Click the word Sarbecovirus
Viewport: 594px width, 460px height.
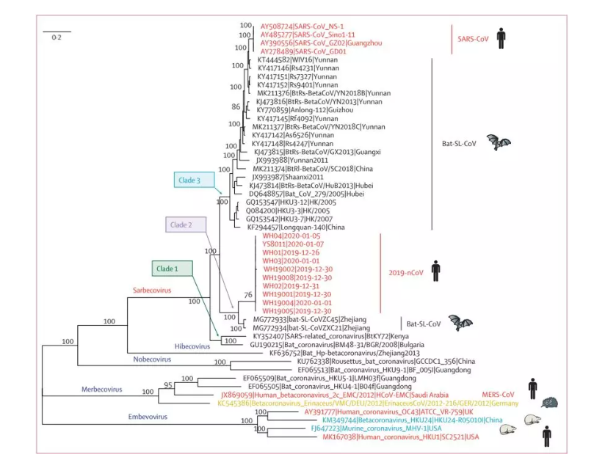pyautogui.click(x=152, y=291)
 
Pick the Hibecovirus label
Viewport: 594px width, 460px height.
pyautogui.click(x=194, y=346)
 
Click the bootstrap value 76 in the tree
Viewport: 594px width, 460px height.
pyautogui.click(x=247, y=293)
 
